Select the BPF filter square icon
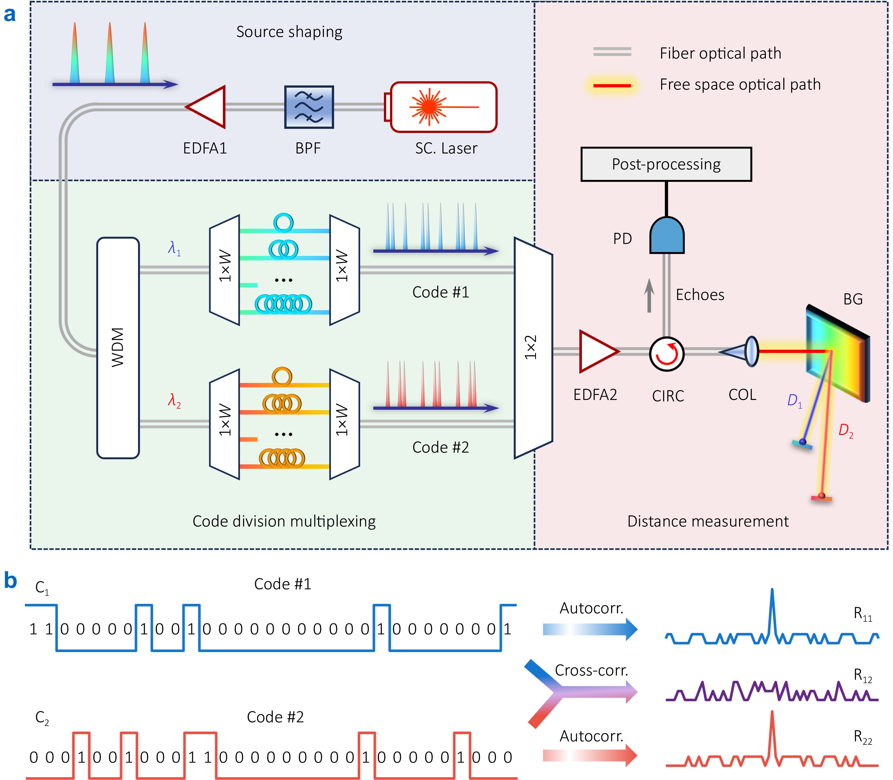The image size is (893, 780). click(309, 107)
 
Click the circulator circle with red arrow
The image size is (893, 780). click(667, 354)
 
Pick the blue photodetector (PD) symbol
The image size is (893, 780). click(667, 236)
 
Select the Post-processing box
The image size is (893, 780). click(666, 164)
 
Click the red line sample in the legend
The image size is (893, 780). click(612, 85)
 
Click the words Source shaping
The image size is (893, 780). click(289, 32)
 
